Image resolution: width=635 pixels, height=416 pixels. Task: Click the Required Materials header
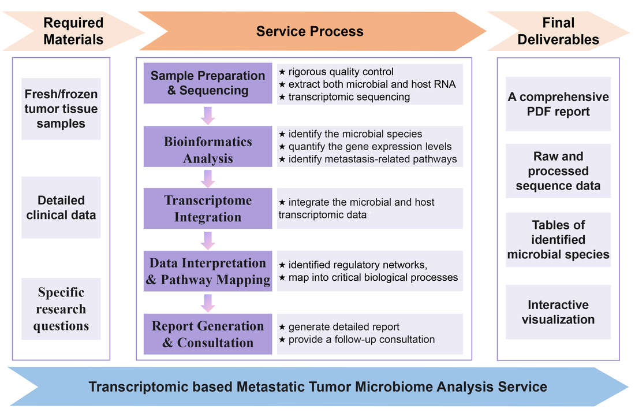pyautogui.click(x=73, y=31)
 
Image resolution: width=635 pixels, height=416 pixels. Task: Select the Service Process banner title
pyautogui.click(x=310, y=31)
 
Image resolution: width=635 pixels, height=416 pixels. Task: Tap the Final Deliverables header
pyautogui.click(x=558, y=31)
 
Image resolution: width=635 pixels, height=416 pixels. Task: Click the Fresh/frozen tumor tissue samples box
pyautogui.click(x=61, y=109)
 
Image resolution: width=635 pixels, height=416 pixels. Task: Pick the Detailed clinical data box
pyautogui.click(x=61, y=207)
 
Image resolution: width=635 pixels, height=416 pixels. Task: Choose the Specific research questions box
pyautogui.click(x=61, y=309)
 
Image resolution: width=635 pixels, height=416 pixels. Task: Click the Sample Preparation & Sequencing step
pyautogui.click(x=207, y=83)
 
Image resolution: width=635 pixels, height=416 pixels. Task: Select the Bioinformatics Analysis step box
pyautogui.click(x=207, y=150)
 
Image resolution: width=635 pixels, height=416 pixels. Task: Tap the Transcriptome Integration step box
pyautogui.click(x=207, y=209)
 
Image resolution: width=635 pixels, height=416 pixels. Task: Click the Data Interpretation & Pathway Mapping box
pyautogui.click(x=207, y=271)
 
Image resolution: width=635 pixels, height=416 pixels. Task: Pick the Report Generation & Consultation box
pyautogui.click(x=207, y=334)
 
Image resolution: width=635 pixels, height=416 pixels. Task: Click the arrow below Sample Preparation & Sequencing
pyautogui.click(x=208, y=115)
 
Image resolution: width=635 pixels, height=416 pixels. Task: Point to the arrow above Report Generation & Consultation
pyautogui.click(x=208, y=302)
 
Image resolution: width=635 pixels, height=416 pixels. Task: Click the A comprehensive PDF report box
pyautogui.click(x=558, y=104)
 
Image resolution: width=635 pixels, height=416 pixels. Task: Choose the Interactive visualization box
pyautogui.click(x=558, y=312)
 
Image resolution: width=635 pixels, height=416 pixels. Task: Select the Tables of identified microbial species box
pyautogui.click(x=558, y=240)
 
